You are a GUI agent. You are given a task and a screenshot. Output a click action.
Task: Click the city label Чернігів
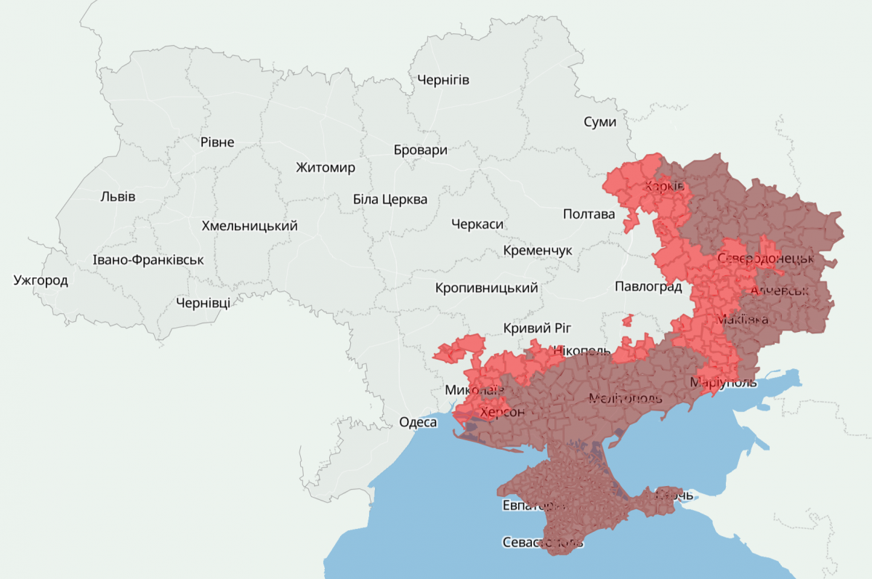(443, 80)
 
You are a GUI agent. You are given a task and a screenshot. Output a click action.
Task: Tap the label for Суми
(599, 122)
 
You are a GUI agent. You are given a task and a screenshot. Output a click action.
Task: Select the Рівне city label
(217, 142)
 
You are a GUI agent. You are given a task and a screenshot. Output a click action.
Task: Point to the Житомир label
(326, 168)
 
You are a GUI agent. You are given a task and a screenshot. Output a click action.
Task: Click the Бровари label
(420, 150)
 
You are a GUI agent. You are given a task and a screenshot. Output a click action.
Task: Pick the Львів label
(118, 196)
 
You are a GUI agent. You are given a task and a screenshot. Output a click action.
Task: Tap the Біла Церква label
(390, 199)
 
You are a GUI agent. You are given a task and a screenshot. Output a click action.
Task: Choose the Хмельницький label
(249, 226)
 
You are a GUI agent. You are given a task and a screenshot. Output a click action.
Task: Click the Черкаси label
(477, 224)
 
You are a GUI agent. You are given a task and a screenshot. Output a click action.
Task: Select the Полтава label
(589, 214)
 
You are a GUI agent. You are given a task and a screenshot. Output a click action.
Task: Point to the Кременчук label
(538, 251)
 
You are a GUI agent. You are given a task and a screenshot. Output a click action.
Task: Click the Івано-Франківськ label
(148, 260)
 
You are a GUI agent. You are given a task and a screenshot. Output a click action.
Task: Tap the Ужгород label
(41, 280)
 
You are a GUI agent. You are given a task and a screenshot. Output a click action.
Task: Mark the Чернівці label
(203, 303)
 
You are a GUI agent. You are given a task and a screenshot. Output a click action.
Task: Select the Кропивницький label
(486, 288)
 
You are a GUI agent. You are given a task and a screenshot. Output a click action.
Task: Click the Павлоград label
(647, 286)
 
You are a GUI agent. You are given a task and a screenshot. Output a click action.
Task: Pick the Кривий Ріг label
(533, 328)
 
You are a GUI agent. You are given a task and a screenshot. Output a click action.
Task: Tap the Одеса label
(418, 422)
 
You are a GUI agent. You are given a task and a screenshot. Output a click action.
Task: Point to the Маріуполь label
(723, 382)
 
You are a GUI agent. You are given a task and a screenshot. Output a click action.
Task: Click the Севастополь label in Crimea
(543, 542)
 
